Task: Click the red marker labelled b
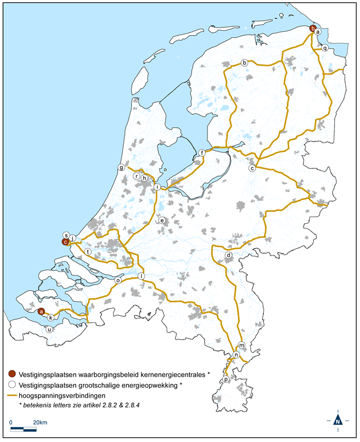(312, 29)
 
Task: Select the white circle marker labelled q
(325, 48)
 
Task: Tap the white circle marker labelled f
(202, 153)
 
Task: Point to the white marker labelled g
(121, 168)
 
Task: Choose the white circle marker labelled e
(162, 220)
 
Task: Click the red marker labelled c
(65, 241)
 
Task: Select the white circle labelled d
(228, 256)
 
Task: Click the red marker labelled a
(41, 311)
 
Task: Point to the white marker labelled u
(49, 330)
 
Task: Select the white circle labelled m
(241, 346)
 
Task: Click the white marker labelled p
(226, 379)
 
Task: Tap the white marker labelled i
(157, 187)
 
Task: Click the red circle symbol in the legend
(13, 374)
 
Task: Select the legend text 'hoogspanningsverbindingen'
(61, 395)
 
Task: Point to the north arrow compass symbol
(338, 420)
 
